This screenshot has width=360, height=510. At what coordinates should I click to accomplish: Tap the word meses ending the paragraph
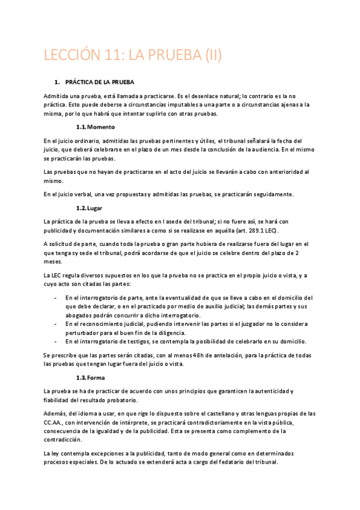click(x=53, y=262)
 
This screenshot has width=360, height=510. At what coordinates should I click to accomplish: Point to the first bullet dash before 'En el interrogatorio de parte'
click(x=55, y=298)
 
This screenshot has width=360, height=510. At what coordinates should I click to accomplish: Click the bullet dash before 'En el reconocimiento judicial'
click(x=55, y=324)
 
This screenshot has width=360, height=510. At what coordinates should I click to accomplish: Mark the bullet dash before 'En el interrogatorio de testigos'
click(x=55, y=341)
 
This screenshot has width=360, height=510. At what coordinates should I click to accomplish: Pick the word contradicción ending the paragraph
click(x=63, y=440)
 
